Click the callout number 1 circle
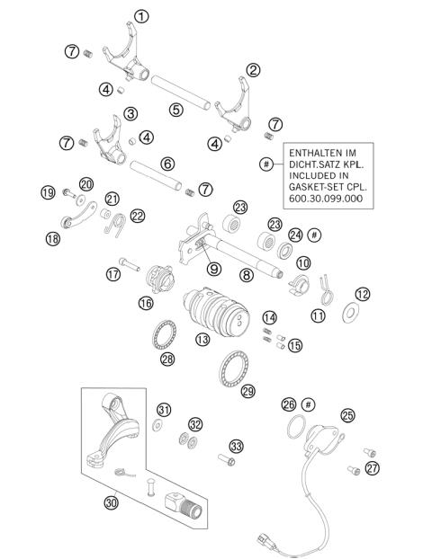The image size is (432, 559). [141, 15]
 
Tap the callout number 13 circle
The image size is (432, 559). [203, 340]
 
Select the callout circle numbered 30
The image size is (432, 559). [112, 503]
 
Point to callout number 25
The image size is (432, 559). [346, 415]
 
